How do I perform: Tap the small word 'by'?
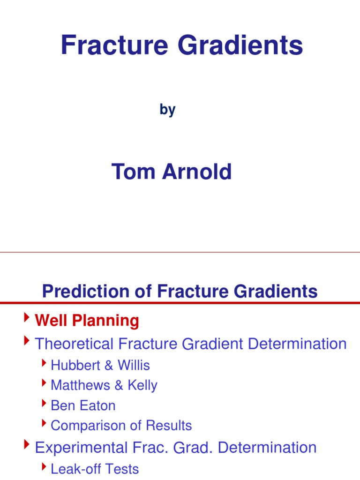point(167,110)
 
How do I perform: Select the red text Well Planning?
point(87,321)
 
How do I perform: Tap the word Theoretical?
point(75,344)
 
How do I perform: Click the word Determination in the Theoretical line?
point(297,344)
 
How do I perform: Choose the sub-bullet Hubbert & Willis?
point(100,365)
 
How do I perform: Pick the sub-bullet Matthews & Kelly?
point(104,385)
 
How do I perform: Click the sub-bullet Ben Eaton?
point(82,405)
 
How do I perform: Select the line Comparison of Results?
point(121,426)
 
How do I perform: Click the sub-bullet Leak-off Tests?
point(94,469)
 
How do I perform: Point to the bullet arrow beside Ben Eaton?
point(44,404)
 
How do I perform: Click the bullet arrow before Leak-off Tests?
point(44,467)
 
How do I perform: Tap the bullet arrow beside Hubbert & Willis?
point(44,363)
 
